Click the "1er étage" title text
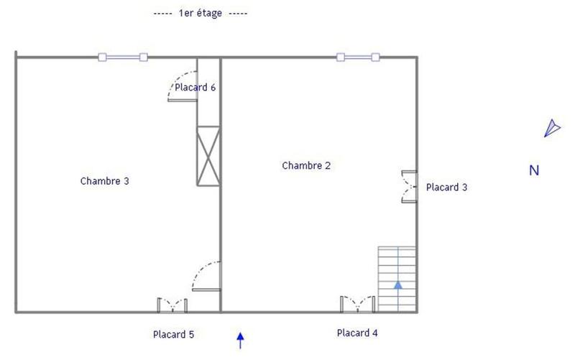(x=201, y=14)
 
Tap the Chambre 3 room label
(x=104, y=181)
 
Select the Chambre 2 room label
(x=306, y=165)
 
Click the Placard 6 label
(x=195, y=88)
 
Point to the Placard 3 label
(x=447, y=188)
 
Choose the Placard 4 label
(x=357, y=333)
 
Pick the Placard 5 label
(x=173, y=334)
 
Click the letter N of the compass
(x=534, y=171)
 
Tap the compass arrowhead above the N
(x=551, y=128)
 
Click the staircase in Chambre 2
(x=397, y=279)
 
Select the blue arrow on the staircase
(x=397, y=285)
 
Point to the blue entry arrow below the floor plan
(x=241, y=338)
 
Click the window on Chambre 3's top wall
(x=123, y=57)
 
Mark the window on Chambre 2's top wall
(x=357, y=57)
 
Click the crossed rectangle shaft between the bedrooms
(x=208, y=155)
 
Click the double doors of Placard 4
(x=357, y=304)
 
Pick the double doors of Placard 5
(x=172, y=305)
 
